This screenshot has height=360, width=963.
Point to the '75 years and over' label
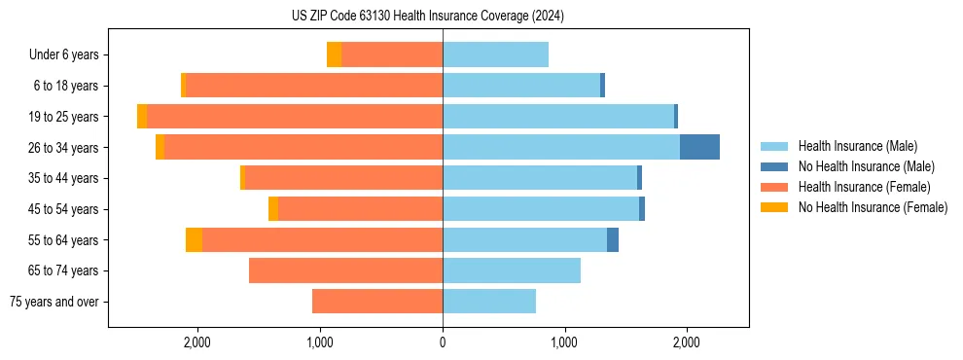(54, 302)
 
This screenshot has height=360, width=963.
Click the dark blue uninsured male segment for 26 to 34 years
(699, 148)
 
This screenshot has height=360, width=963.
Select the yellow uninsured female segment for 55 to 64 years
(194, 240)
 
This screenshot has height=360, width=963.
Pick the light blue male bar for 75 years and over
(489, 302)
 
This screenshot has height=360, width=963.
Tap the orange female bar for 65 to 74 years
(345, 270)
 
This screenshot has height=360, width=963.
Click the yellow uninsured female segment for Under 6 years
(334, 55)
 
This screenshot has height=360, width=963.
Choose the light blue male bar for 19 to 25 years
(558, 117)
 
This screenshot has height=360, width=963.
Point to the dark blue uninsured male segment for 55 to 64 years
(613, 240)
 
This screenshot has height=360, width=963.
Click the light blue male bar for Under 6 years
(495, 55)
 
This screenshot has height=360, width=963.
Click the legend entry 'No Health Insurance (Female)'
(873, 207)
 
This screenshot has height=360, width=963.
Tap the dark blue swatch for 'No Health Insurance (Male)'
(774, 166)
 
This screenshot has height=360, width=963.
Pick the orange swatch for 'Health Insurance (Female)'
(774, 187)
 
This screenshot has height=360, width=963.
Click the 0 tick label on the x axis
(443, 342)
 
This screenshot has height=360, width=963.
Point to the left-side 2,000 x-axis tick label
(197, 342)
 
